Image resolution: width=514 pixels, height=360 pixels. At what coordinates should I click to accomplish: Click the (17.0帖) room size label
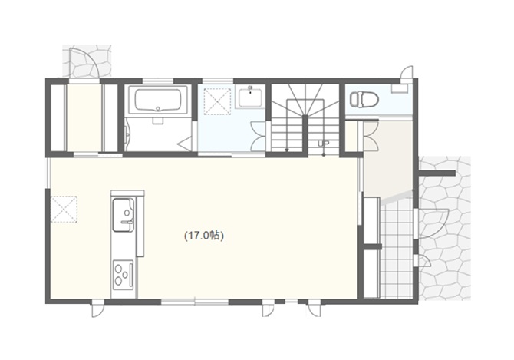coord(204,236)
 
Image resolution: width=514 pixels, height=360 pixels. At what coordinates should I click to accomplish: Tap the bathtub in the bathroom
coord(158,100)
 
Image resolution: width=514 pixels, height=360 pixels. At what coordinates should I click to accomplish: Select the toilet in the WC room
coord(364,99)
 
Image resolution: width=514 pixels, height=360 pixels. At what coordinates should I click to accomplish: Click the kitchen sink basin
coord(124,215)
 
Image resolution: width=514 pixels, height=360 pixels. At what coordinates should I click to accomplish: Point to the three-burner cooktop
coord(123,275)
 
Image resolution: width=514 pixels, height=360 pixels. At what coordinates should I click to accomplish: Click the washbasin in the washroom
coord(250,97)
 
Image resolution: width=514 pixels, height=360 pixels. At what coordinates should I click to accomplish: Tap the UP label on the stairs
coord(323,144)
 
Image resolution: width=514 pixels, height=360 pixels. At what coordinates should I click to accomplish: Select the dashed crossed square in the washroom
coord(217,101)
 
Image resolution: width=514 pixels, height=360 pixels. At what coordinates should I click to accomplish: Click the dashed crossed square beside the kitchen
coord(64,210)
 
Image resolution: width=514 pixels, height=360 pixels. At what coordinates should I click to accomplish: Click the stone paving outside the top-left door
coord(87,61)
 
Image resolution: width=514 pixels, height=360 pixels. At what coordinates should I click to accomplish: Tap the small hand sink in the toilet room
coord(400,88)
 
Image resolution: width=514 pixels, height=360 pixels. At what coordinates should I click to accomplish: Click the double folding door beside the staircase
coord(258,137)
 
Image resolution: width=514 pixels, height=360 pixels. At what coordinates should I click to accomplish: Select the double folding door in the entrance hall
coord(371,137)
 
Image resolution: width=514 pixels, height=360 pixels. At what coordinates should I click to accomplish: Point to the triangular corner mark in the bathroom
coord(185,144)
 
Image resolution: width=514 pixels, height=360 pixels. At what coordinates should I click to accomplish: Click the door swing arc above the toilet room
coord(407,72)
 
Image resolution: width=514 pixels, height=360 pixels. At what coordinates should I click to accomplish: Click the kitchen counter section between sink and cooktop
coord(124,246)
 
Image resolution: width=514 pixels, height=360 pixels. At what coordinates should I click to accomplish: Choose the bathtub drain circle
coord(158,108)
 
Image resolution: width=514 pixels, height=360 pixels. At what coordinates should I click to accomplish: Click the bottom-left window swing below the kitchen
coord(97,309)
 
